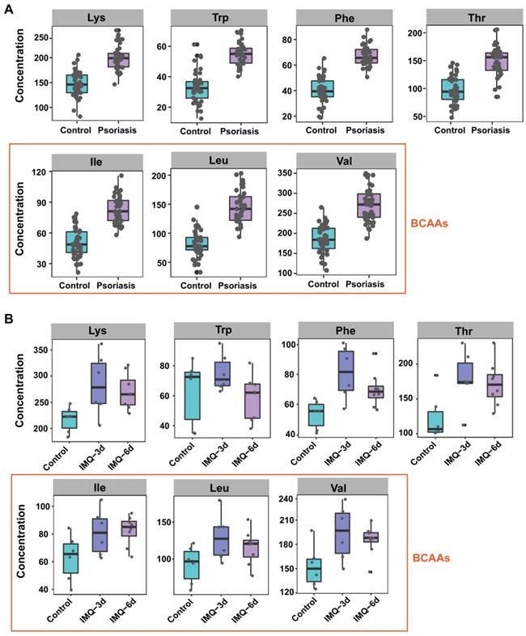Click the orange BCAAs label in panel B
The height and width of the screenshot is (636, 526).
tap(432, 558)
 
